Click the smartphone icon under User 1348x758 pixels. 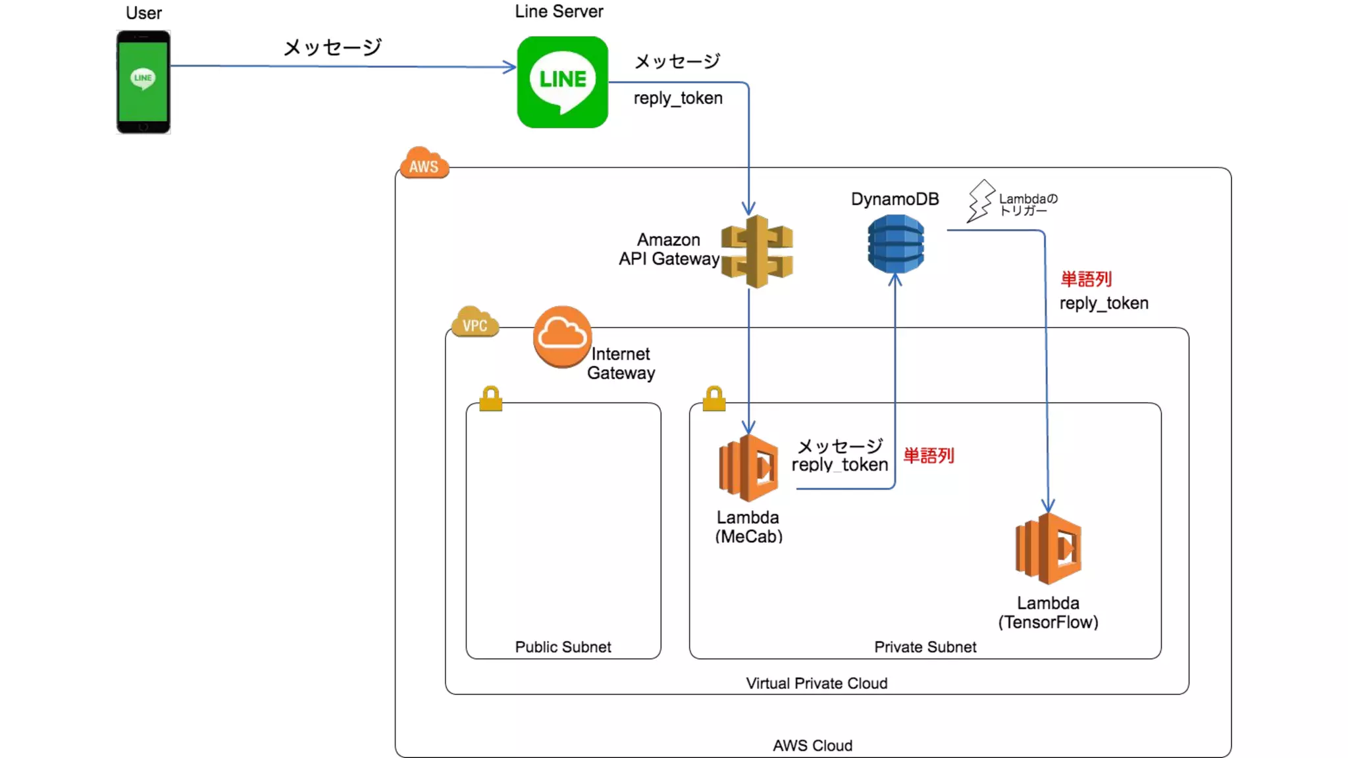[x=143, y=82]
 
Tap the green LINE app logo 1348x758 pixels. [x=563, y=82]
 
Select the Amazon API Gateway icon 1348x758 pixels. [x=757, y=251]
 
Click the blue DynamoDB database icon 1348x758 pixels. [x=896, y=244]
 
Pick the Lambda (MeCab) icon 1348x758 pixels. [x=749, y=468]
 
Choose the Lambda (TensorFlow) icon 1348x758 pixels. [x=1049, y=549]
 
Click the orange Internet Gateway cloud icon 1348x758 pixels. [x=562, y=336]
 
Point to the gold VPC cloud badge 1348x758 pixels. [x=475, y=322]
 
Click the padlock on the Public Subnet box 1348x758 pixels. [x=491, y=399]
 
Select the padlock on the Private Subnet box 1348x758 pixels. [x=714, y=399]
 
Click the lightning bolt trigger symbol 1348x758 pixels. [x=980, y=201]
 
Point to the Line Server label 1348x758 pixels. [x=559, y=11]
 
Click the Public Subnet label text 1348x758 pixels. [x=563, y=647]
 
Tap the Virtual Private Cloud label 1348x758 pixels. [x=816, y=683]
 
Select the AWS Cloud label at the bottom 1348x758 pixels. [x=812, y=745]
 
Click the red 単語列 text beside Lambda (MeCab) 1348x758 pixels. [x=929, y=455]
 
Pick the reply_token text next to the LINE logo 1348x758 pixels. [x=678, y=98]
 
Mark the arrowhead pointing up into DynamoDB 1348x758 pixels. [x=895, y=280]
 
